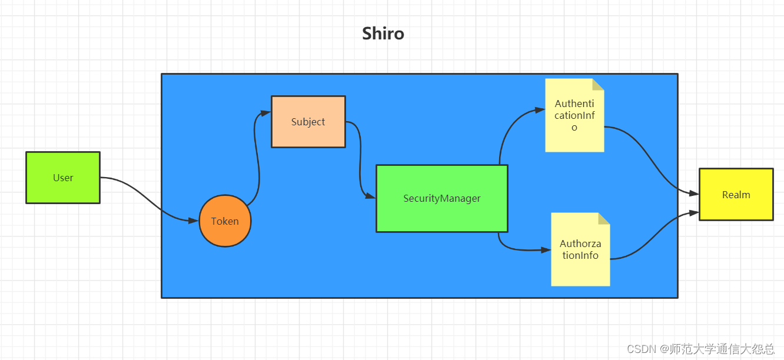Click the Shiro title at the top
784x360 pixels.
(383, 34)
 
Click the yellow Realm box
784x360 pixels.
(736, 195)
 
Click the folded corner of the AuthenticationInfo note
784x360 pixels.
(599, 84)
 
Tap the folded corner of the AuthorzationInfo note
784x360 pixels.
(604, 218)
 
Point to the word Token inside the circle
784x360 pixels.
(225, 221)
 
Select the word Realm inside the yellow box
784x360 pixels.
(736, 195)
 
